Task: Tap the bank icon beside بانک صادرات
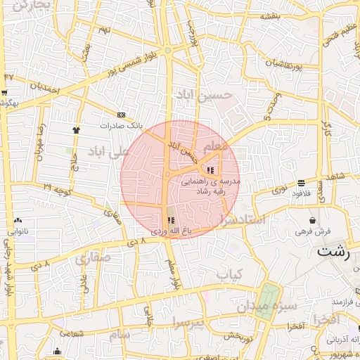pos(122,115)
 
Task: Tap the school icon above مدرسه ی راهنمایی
pos(210,169)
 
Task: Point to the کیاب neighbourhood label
pos(229,273)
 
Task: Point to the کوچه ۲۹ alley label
pos(57,188)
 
